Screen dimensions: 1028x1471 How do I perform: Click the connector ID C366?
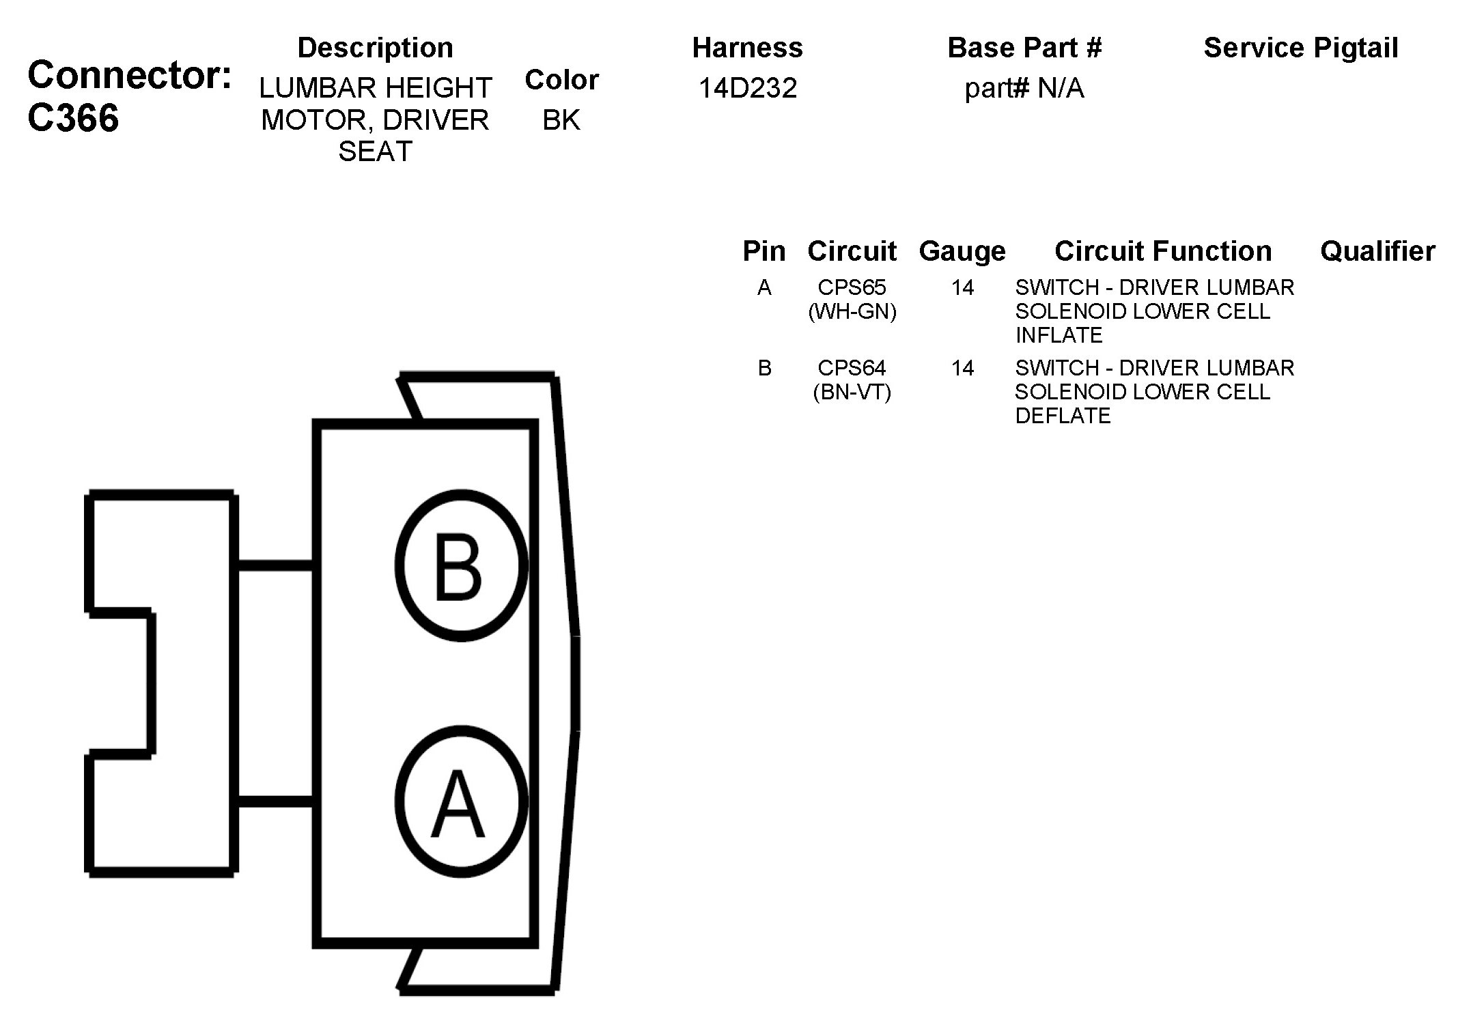(74, 118)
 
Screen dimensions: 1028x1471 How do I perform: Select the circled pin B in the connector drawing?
(461, 566)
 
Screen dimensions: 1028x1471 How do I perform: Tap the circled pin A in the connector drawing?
(461, 801)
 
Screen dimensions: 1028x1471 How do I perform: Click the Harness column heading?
(747, 48)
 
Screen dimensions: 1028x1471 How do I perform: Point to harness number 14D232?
(747, 88)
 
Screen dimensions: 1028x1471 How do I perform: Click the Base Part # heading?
(1024, 48)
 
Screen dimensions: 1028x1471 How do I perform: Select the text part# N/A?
(1024, 88)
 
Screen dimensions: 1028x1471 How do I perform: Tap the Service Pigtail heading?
(1300, 48)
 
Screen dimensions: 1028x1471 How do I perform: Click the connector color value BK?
(561, 120)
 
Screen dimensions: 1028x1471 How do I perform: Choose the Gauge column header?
(962, 251)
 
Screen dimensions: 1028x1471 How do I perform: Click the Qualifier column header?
(1377, 251)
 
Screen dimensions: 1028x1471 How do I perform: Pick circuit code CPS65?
(852, 287)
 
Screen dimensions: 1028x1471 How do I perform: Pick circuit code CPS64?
(852, 368)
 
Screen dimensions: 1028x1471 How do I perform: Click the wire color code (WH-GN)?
(852, 312)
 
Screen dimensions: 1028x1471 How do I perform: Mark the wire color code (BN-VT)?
(852, 392)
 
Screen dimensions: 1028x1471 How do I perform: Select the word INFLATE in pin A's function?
(1059, 335)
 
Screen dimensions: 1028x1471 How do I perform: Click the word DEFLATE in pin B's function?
(1063, 416)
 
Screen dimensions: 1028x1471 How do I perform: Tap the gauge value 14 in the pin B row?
(962, 369)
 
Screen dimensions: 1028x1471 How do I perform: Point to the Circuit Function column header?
(1163, 251)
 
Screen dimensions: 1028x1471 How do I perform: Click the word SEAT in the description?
(375, 152)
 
